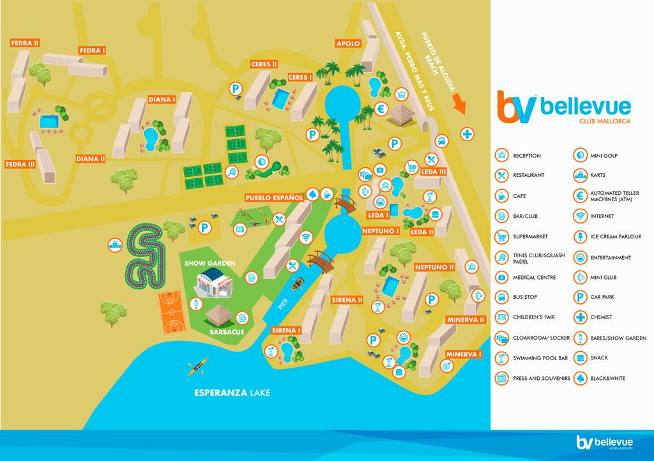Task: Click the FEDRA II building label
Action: [25, 43]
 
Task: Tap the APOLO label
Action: [348, 43]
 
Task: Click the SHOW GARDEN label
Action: [209, 263]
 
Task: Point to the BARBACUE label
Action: [225, 332]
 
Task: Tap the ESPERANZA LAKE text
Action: [232, 393]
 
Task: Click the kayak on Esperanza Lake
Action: [197, 365]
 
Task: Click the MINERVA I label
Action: [464, 354]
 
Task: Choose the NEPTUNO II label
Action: [434, 267]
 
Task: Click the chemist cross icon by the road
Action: [468, 134]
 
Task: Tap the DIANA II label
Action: [90, 159]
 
